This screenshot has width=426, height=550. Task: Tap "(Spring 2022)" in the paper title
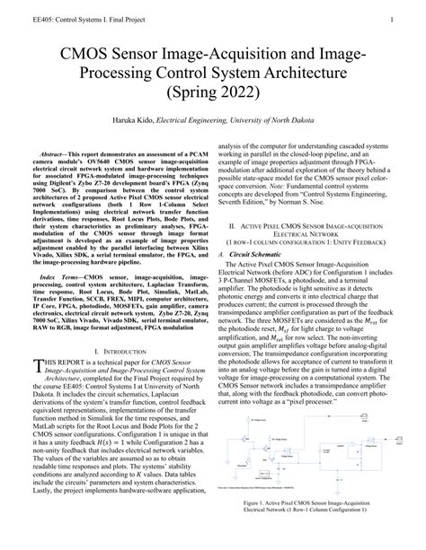(213, 92)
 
